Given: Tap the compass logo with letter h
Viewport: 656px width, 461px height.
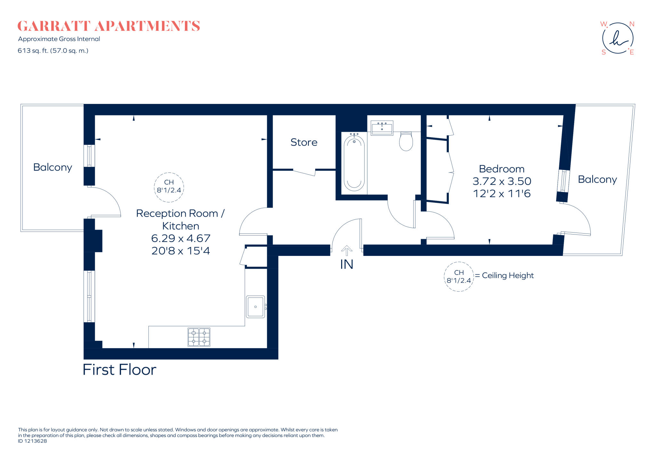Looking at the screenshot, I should (618, 38).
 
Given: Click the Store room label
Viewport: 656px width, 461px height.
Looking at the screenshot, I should (304, 142).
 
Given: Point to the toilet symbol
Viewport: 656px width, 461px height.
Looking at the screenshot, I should (406, 142).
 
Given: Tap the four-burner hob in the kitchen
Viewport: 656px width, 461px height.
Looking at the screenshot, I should (199, 337).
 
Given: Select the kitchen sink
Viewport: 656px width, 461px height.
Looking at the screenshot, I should (255, 307).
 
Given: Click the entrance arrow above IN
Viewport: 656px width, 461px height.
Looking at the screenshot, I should (347, 250).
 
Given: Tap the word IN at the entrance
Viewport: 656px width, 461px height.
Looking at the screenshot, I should (347, 265).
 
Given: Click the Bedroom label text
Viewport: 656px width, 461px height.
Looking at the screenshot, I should (502, 169).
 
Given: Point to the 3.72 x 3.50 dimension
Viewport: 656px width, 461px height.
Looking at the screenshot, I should (502, 181).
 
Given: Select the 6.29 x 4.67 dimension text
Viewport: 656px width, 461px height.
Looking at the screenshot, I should (181, 238).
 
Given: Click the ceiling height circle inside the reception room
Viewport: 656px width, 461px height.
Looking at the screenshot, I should (169, 187).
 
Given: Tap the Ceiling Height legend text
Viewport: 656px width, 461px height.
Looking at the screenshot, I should (507, 275).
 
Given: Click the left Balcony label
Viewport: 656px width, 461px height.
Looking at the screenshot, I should (53, 167).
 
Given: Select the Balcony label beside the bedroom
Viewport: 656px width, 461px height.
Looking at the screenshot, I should (597, 179).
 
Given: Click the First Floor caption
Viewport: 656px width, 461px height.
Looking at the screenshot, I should (119, 370).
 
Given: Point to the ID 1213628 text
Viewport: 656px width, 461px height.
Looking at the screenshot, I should (32, 441).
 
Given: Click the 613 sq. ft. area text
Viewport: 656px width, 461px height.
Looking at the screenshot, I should (53, 51).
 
